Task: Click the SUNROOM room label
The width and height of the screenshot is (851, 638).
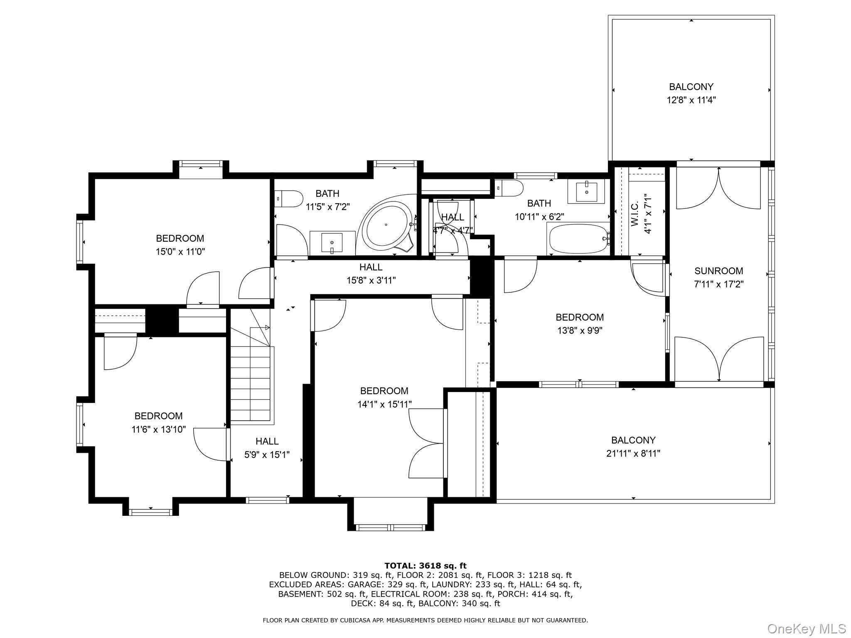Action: point(718,271)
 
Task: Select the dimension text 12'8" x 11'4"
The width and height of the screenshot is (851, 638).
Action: point(691,100)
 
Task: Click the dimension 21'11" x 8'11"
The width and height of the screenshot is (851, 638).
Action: point(633,453)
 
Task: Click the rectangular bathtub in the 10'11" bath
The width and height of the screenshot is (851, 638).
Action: point(578,239)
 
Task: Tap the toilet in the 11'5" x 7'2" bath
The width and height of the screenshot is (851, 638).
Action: point(289,199)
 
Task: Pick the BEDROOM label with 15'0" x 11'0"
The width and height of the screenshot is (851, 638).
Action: point(180,238)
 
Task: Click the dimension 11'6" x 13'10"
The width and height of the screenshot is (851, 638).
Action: point(158,429)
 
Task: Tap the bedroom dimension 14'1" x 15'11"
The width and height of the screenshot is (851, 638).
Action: point(384,404)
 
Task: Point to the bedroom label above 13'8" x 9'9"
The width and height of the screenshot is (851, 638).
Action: point(579,317)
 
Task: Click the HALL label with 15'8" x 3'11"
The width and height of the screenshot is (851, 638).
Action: point(371,267)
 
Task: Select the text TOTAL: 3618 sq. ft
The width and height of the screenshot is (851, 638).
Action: point(425,565)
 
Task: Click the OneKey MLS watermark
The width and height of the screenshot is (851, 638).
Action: point(806,628)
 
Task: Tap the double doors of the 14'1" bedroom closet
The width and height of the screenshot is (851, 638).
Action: point(428,443)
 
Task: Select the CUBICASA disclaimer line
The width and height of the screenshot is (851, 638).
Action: point(425,620)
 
